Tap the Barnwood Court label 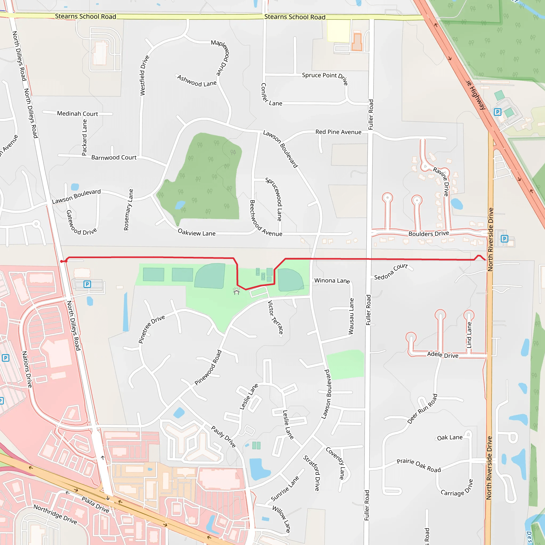click(114, 158)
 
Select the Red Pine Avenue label click(338, 132)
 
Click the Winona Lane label click(332, 280)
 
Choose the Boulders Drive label click(428, 234)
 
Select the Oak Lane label click(450, 437)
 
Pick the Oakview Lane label click(197, 233)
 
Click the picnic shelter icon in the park click(236, 291)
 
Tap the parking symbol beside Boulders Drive click(504, 239)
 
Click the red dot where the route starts click(62, 261)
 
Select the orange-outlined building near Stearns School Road click(357, 42)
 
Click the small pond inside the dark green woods click(180, 205)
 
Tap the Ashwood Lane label click(197, 81)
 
